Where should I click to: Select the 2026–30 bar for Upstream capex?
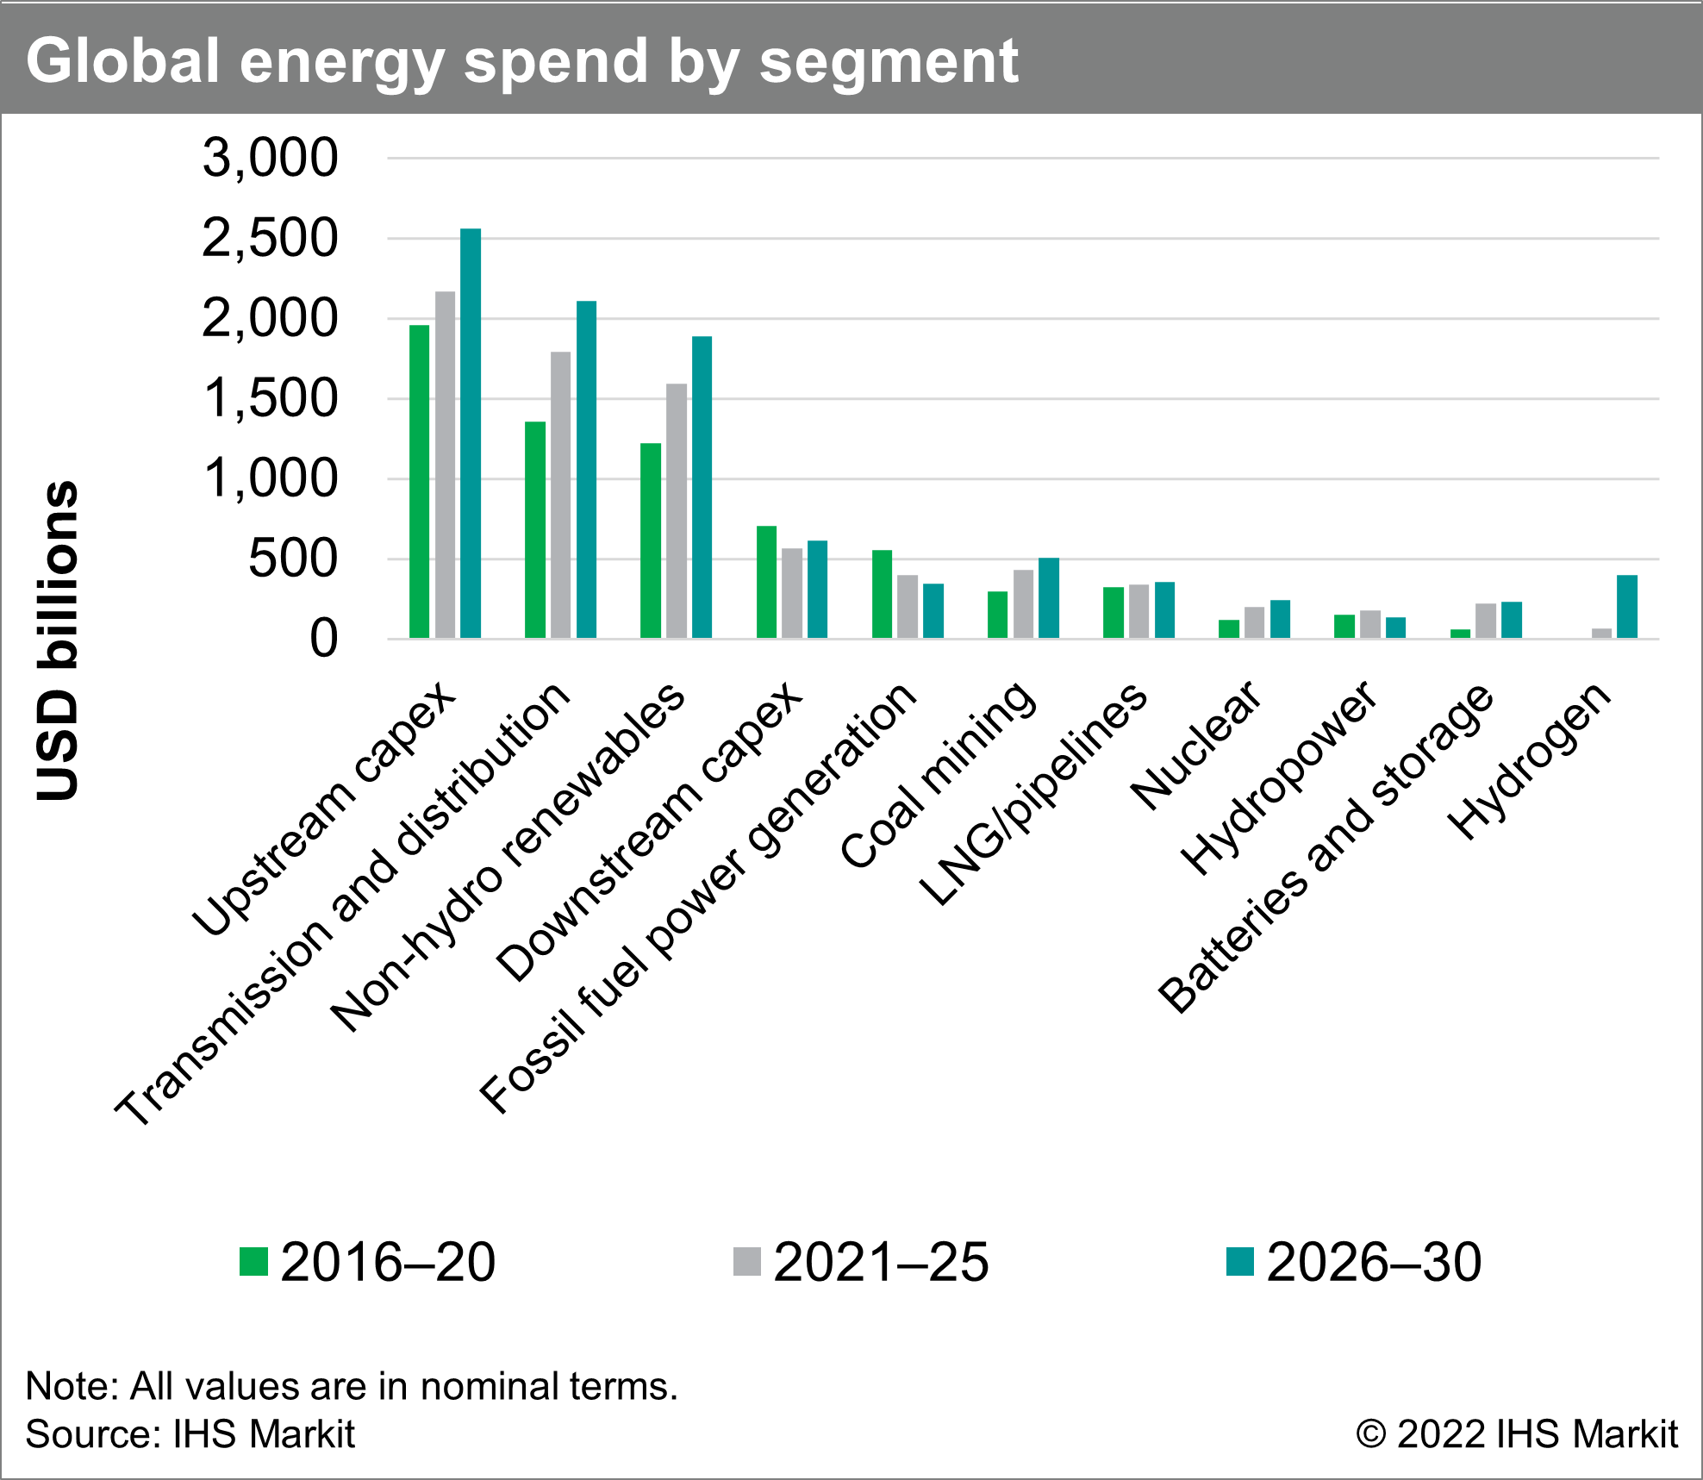(471, 434)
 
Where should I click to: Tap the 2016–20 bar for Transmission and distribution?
(535, 530)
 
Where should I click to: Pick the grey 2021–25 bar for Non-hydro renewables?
(677, 511)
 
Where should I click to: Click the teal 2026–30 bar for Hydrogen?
(1627, 607)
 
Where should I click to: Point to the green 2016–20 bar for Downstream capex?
(766, 582)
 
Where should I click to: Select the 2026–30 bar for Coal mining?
(1049, 598)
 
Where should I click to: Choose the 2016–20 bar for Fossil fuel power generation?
(882, 594)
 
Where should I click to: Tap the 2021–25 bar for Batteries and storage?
(1486, 621)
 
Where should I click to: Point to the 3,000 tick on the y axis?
(270, 158)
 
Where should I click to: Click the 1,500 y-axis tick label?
(270, 399)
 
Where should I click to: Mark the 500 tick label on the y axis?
(293, 559)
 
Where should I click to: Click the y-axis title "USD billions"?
(59, 640)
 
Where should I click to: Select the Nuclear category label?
(1196, 746)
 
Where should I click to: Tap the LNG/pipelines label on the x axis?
(1032, 795)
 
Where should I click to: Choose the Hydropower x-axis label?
(1280, 778)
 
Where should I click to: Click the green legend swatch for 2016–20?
(254, 1261)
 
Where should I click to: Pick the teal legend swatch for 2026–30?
(1240, 1261)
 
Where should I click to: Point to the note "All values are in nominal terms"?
(352, 1387)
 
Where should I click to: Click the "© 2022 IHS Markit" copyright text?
(1516, 1434)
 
